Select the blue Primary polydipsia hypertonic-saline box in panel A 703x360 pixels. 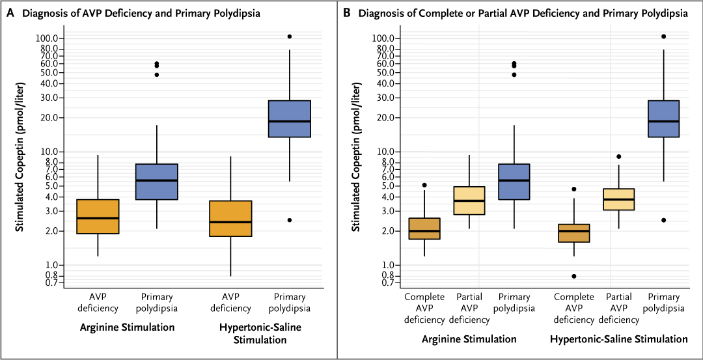click(290, 118)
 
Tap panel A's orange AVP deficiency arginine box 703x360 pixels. click(98, 216)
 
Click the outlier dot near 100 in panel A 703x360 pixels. click(290, 36)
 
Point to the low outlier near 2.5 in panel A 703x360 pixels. click(290, 220)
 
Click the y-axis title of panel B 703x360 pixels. click(356, 156)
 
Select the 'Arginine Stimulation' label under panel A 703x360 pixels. click(127, 327)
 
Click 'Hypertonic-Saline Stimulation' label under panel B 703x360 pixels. click(618, 339)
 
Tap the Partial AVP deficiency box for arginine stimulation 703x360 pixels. click(469, 201)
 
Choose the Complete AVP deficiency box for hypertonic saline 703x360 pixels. click(574, 233)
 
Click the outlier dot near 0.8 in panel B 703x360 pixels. click(574, 276)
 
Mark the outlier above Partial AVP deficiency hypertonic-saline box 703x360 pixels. click(619, 156)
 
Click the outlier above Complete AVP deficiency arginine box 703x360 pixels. click(424, 186)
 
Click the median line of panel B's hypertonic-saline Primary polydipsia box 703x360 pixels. click(664, 121)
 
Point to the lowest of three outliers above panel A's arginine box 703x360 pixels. click(157, 75)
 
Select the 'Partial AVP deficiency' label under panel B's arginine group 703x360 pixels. click(469, 309)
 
